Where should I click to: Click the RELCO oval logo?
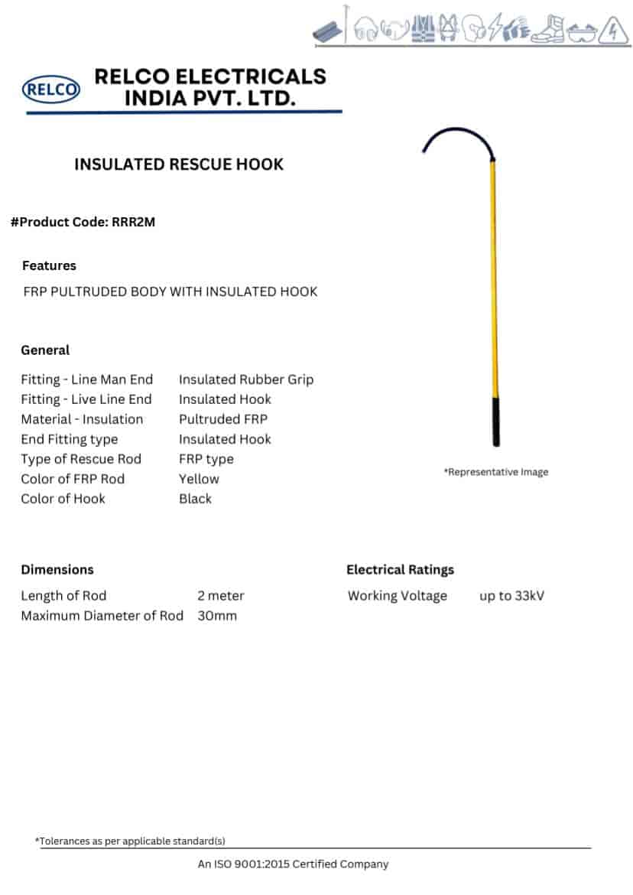point(51,90)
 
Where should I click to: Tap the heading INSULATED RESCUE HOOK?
point(179,164)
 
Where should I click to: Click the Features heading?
point(49,265)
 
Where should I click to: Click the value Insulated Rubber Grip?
point(246,379)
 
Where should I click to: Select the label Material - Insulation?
point(82,419)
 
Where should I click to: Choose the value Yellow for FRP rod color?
point(199,479)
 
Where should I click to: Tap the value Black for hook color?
point(195,499)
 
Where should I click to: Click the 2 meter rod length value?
point(221,596)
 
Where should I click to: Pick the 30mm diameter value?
point(217,616)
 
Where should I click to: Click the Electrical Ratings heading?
point(400,570)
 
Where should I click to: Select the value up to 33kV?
point(511,596)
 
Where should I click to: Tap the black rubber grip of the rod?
point(497,420)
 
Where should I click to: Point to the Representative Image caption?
point(496,472)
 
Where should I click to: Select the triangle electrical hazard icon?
point(615,31)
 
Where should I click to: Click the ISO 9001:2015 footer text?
point(293,864)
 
